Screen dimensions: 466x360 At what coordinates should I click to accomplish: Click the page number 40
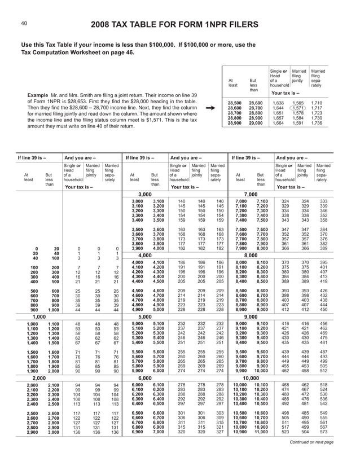click(x=24, y=24)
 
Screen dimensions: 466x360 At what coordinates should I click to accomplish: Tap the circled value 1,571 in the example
click(x=298, y=108)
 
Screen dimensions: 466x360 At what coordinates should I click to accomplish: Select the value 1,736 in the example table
click(x=316, y=122)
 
